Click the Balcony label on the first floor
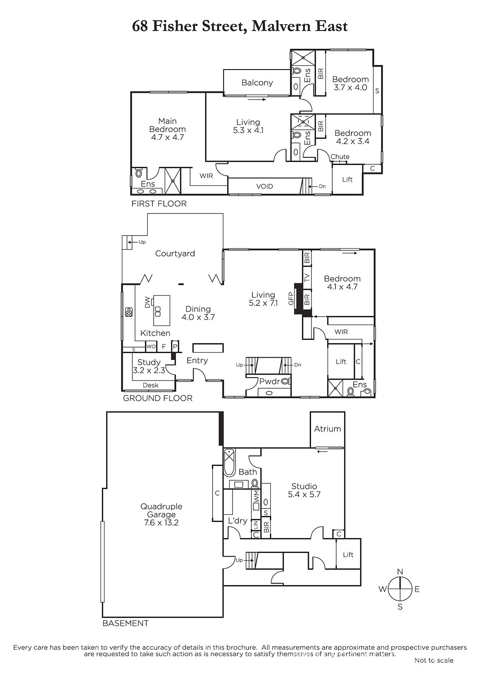coord(257,83)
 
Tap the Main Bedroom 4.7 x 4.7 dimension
coord(167,137)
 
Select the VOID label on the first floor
coord(264,186)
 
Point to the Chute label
coord(340,157)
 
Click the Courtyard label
coord(175,253)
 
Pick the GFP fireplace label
coord(291,298)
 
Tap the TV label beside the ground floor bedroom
coord(307,278)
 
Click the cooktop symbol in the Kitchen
coord(129,312)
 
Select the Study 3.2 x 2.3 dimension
coord(149,370)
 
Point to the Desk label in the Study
coord(150,385)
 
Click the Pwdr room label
coord(269,382)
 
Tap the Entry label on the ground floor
coord(197,360)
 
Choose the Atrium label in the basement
coord(328,429)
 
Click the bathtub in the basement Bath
coord(230,463)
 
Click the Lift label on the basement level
coord(348,554)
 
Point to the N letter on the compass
coord(400,572)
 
